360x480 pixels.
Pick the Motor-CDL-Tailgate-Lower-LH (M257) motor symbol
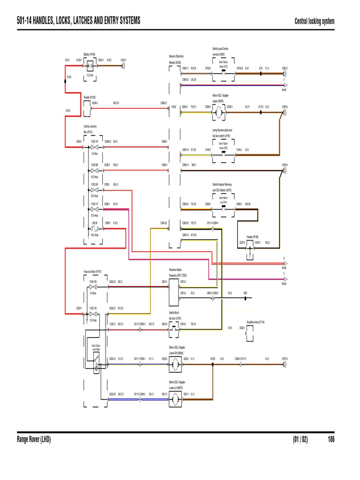[173, 398]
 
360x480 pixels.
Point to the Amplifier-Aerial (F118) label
[255, 322]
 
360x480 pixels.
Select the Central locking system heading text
[314, 21]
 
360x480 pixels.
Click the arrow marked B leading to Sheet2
[283, 263]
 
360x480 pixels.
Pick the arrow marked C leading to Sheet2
[283, 278]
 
